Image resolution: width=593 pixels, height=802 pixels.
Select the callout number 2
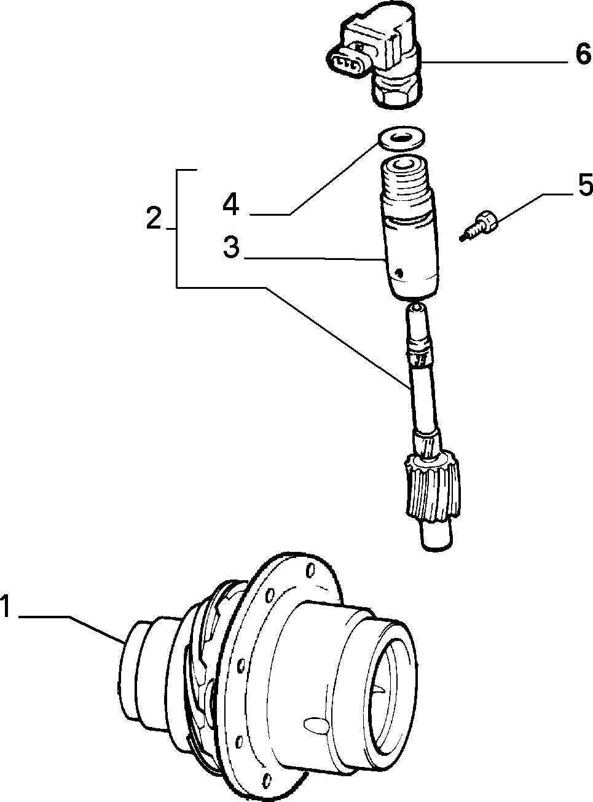click(x=154, y=218)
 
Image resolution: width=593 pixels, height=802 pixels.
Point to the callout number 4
click(x=230, y=204)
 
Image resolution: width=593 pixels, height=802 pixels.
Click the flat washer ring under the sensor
click(x=401, y=138)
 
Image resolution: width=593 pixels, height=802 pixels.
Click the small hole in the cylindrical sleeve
click(x=399, y=273)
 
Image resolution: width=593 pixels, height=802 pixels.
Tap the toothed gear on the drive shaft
click(x=433, y=484)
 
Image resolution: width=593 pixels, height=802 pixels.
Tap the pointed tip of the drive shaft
click(x=417, y=308)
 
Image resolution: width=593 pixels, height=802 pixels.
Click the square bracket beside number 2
click(x=177, y=228)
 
